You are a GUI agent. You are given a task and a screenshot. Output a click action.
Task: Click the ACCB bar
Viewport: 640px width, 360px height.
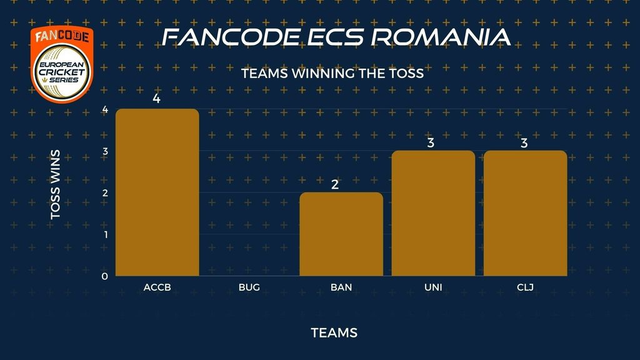click(x=157, y=192)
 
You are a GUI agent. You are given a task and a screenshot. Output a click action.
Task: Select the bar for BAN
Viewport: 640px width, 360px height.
click(x=341, y=234)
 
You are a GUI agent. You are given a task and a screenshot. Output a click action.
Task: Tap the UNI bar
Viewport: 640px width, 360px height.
click(x=433, y=213)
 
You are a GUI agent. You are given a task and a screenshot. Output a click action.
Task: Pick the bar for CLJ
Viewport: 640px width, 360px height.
click(x=525, y=213)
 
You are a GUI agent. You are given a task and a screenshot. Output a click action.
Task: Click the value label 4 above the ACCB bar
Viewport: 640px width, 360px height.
click(x=156, y=98)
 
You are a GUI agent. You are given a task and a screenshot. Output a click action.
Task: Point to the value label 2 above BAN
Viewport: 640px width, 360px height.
click(x=335, y=184)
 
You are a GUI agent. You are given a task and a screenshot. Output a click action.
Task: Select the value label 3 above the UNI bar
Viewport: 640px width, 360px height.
click(x=431, y=143)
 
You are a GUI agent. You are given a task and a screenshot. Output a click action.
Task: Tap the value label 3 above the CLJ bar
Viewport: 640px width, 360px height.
click(x=524, y=143)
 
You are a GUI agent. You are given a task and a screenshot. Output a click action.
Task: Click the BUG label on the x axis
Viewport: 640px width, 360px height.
click(x=249, y=287)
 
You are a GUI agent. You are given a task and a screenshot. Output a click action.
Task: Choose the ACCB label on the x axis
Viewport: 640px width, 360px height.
click(x=157, y=287)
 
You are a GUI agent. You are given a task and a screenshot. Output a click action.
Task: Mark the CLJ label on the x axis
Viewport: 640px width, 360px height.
click(x=525, y=287)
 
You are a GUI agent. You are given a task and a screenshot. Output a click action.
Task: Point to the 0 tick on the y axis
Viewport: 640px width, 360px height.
click(x=105, y=276)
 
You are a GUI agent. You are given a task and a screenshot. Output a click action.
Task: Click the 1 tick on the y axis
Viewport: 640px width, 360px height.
click(x=106, y=235)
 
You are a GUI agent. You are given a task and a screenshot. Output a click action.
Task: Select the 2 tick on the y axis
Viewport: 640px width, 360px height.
click(x=105, y=192)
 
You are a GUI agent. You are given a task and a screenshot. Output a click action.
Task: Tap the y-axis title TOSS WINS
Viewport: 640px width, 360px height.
click(x=55, y=184)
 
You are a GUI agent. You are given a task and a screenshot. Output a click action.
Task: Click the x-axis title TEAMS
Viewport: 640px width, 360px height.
click(x=334, y=332)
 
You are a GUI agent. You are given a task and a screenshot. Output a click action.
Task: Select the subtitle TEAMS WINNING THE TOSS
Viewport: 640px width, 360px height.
click(x=332, y=74)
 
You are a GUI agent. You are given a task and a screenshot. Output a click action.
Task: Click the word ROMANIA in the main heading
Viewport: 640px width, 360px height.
click(x=441, y=37)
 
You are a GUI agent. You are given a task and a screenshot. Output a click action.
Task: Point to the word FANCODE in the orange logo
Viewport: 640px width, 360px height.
click(x=62, y=36)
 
